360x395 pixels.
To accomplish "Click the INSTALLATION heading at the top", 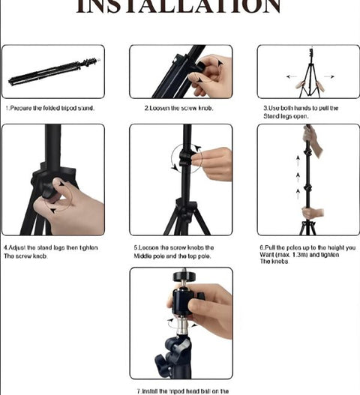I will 179,7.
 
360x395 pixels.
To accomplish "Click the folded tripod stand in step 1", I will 52,72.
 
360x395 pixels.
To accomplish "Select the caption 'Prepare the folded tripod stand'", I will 50,108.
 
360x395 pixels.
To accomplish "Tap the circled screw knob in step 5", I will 187,158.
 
